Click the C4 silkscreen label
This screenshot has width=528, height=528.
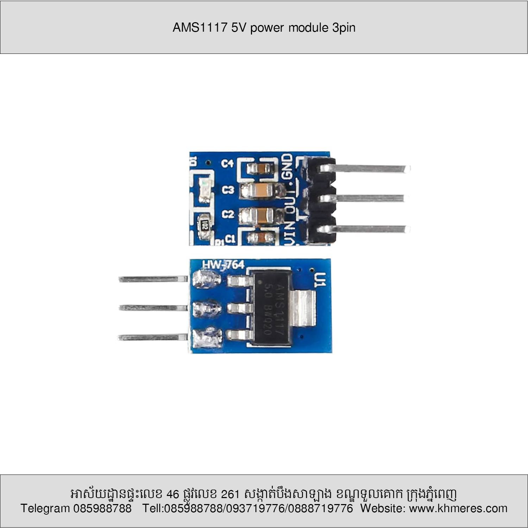click(x=228, y=164)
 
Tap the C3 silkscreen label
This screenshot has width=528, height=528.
click(x=228, y=190)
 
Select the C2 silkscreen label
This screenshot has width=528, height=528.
click(x=228, y=214)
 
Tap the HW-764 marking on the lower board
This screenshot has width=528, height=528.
click(x=223, y=265)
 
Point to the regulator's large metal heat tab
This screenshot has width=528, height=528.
click(x=303, y=308)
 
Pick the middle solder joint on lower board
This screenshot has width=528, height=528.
click(x=207, y=308)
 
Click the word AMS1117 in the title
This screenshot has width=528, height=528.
click(x=200, y=27)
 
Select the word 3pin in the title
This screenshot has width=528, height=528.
click(x=344, y=27)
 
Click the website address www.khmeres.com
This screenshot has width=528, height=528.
click(x=458, y=508)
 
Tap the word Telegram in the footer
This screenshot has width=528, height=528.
click(x=45, y=508)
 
